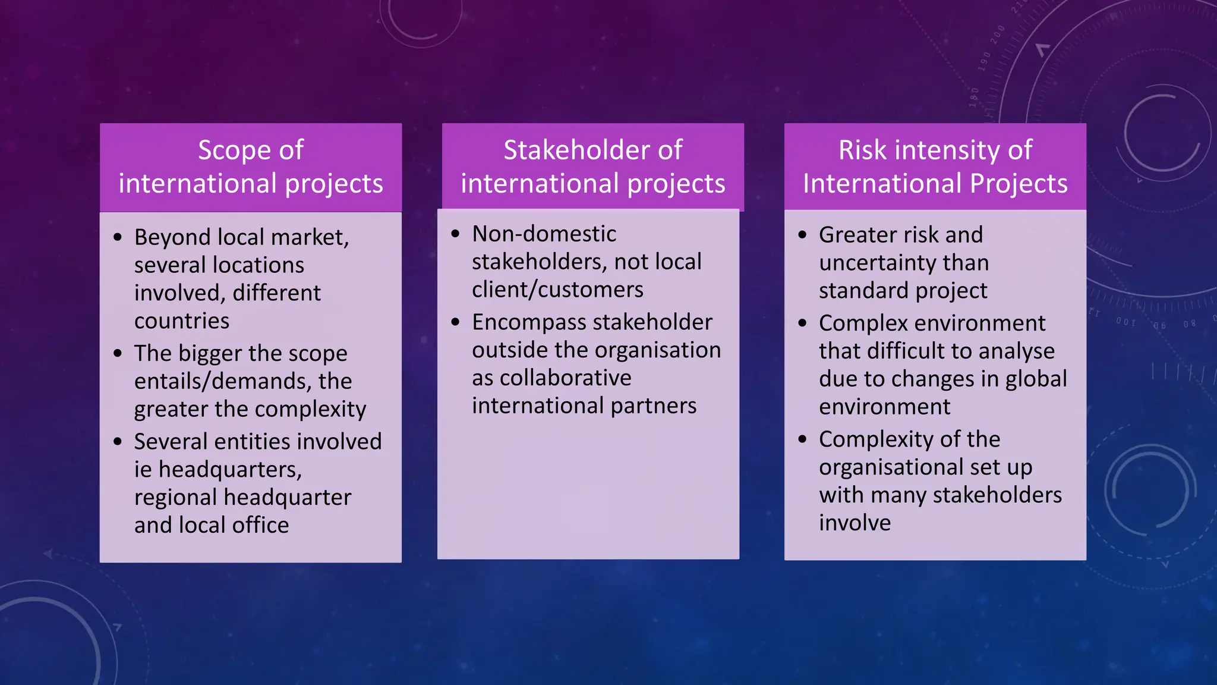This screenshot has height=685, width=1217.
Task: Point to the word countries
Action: coord(181,321)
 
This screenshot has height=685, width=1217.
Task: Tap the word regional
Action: coord(175,497)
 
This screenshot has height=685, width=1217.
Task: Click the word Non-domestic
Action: coord(544,234)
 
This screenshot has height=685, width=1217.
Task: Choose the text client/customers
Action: coord(557,290)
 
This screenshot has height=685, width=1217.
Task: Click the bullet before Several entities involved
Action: coord(118,442)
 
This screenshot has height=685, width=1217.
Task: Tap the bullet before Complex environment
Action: coord(803,323)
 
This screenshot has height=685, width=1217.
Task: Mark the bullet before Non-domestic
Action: coord(456,234)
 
